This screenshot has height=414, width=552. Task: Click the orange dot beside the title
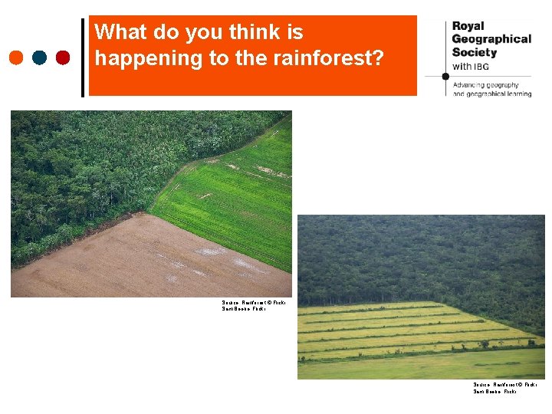coord(17,58)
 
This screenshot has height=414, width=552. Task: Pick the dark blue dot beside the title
coord(40,58)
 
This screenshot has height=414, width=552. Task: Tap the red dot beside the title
coord(63,58)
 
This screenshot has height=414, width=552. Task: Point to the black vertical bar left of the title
coord(83,58)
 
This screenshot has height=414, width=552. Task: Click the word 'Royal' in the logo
coord(468,26)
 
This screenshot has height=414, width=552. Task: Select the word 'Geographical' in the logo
coord(491,39)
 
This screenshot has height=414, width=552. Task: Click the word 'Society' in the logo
coord(475,52)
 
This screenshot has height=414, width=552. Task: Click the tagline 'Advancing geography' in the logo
coord(486,85)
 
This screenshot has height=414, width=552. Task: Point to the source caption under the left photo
coord(253,305)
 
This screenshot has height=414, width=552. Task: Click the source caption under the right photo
coord(504,388)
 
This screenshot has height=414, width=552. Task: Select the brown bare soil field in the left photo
coord(130,261)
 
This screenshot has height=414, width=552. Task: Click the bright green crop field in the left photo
coord(230,199)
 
